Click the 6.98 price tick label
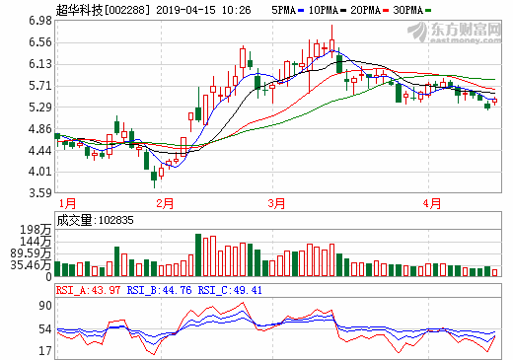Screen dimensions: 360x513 [x=38, y=20]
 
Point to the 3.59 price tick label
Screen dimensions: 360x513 [x=38, y=193]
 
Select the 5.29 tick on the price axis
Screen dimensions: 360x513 [x=38, y=107]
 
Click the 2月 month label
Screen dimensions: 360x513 [x=164, y=203]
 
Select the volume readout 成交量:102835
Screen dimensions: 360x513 [x=95, y=221]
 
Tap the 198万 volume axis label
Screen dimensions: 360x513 [x=36, y=230]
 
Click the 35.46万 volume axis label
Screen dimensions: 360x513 [x=30, y=265]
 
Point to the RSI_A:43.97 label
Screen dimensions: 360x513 [x=90, y=290]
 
